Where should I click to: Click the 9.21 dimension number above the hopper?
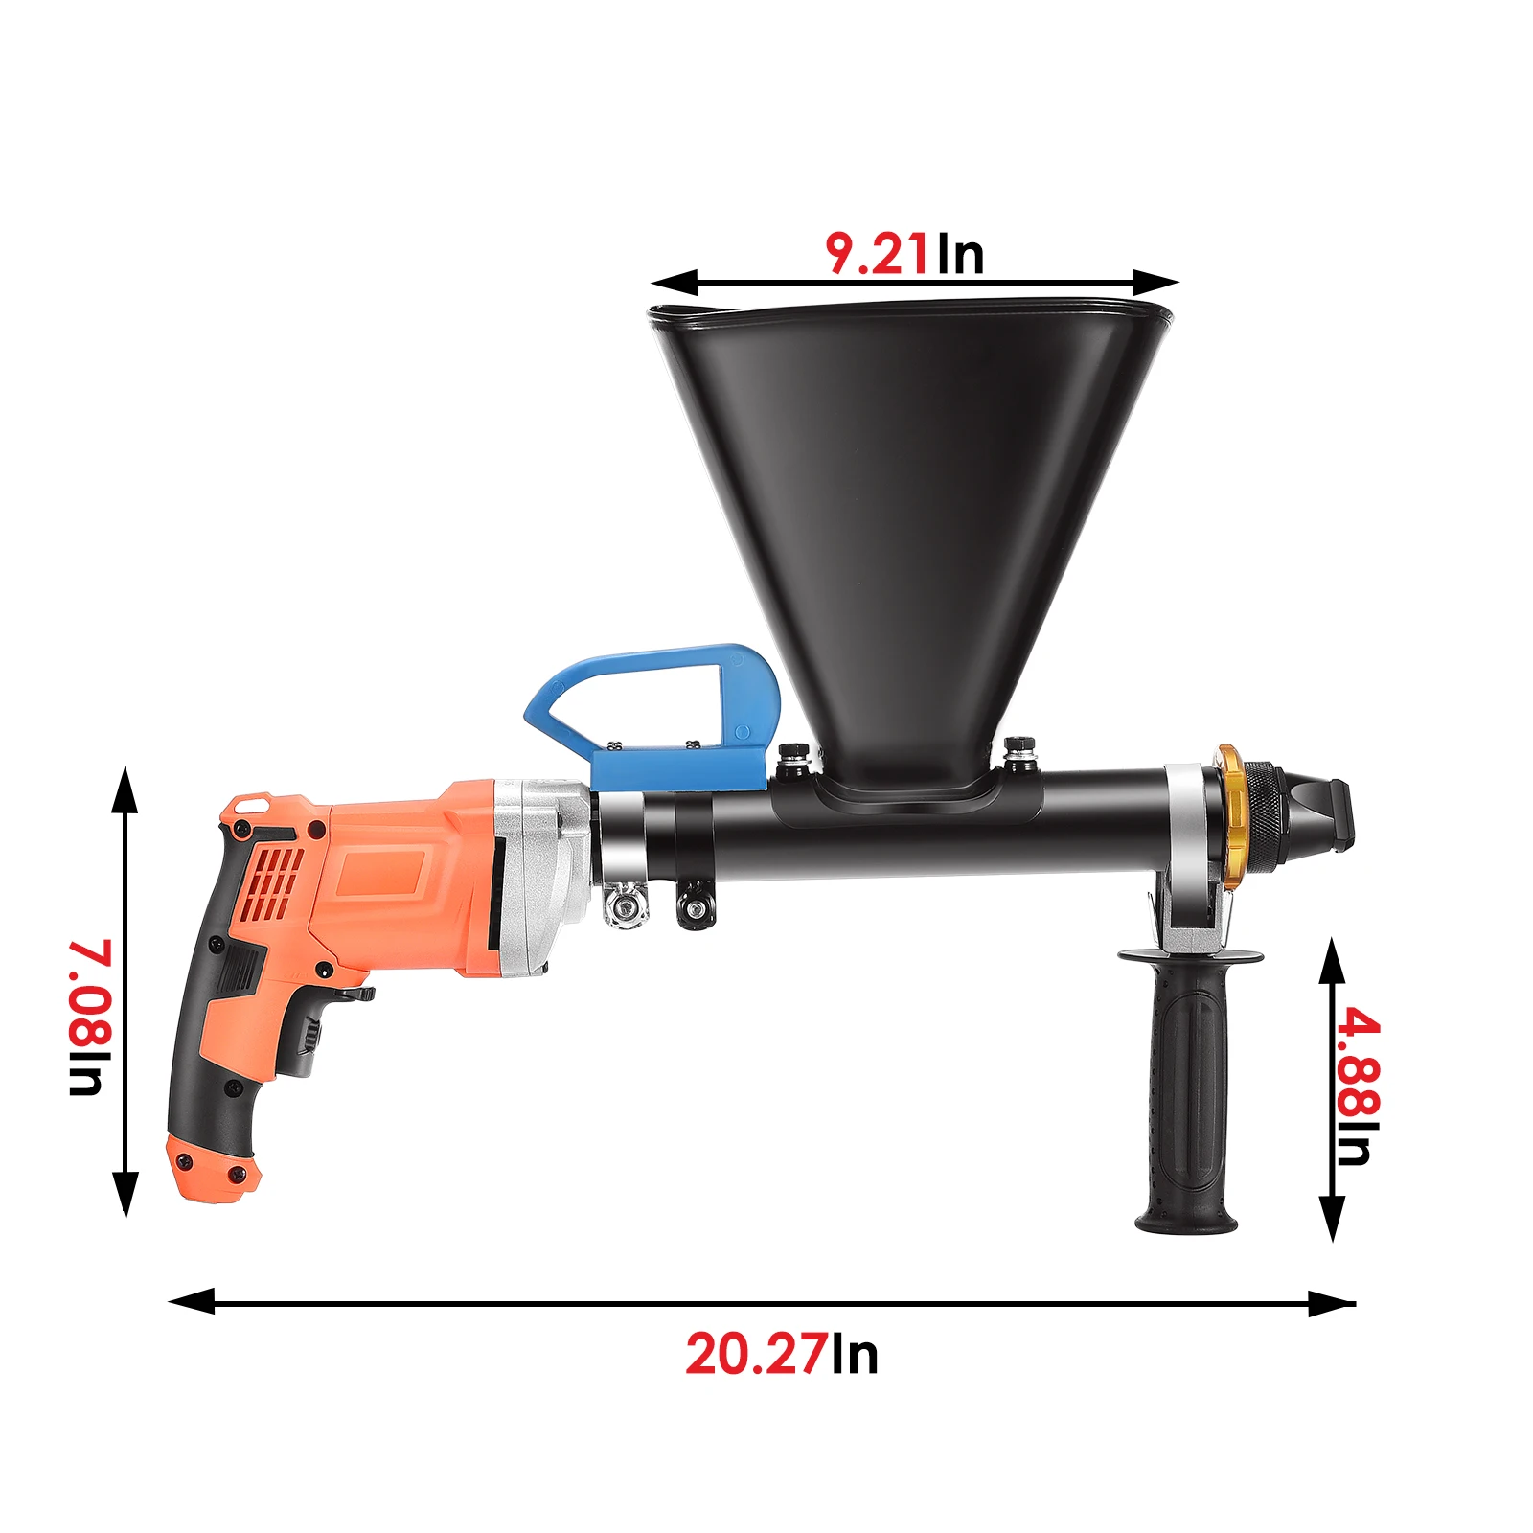click(876, 255)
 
